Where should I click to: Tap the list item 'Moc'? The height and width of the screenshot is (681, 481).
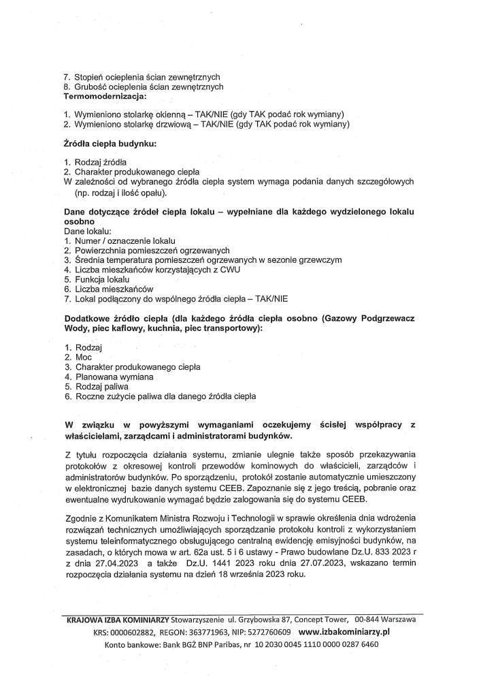(x=83, y=357)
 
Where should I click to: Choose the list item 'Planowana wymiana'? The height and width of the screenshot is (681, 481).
(x=114, y=376)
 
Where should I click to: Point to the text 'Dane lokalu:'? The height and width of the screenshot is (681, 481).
(x=88, y=232)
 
